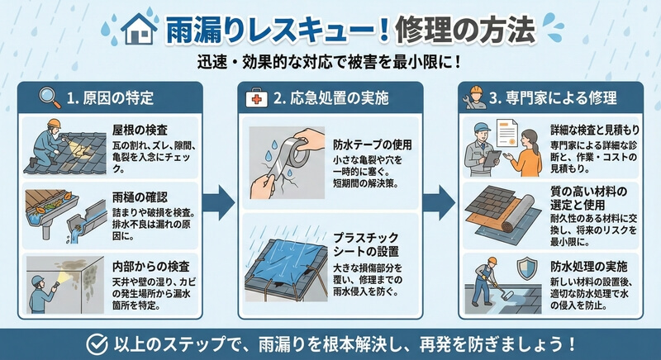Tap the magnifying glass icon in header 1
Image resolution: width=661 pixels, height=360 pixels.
(x=50, y=98)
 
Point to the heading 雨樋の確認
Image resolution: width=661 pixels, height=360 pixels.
(x=138, y=198)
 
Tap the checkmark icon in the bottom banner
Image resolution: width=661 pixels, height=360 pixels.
(x=98, y=342)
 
